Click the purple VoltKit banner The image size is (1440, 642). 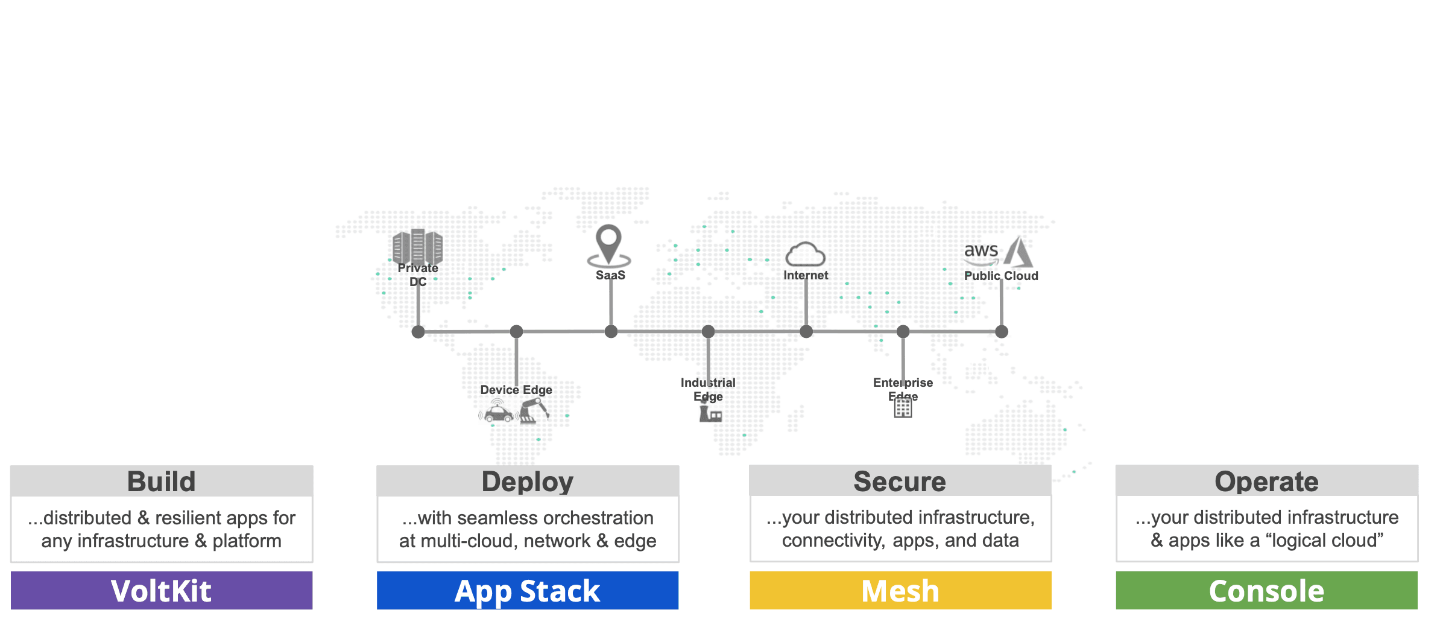pos(162,591)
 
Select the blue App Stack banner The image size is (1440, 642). pos(528,591)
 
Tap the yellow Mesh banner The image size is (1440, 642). pos(900,591)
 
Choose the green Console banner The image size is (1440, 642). pos(1266,591)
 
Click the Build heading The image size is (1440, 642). pos(162,482)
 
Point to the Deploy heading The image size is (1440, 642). pos(528,482)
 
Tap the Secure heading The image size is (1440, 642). pos(900,482)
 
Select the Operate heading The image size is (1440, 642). pos(1266,482)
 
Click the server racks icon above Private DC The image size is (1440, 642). pos(417,246)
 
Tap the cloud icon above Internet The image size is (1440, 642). pos(805,255)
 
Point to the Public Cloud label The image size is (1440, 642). pos(1001,276)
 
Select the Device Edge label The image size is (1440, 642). pos(516,390)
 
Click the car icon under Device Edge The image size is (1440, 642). pos(498,413)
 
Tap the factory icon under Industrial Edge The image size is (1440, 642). pos(710,414)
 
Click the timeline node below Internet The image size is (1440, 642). pos(806,331)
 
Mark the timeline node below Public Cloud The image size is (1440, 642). pos(1002,331)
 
